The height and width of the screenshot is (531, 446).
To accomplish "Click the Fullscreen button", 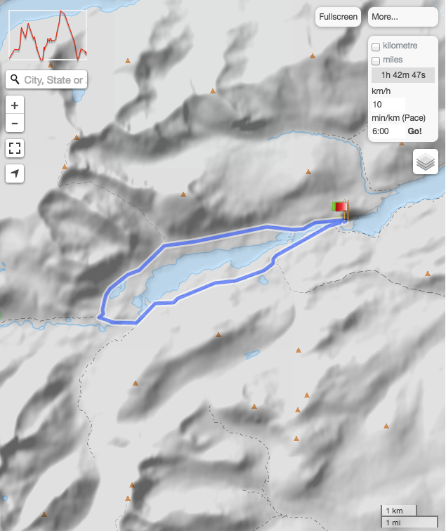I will tap(338, 17).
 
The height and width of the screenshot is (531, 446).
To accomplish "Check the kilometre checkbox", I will tap(376, 46).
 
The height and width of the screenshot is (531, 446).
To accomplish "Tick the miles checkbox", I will tap(376, 61).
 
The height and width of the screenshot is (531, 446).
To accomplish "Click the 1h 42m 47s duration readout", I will tap(403, 75).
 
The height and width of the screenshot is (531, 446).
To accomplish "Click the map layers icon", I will tap(426, 162).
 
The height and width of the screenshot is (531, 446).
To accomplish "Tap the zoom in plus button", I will tap(15, 105).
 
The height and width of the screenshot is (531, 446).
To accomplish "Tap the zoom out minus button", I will tap(15, 124).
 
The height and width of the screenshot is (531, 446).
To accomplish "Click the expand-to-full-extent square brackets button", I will tap(15, 148).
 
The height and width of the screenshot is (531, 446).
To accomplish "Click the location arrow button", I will tap(15, 173).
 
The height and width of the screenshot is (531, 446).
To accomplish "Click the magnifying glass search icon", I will tap(15, 80).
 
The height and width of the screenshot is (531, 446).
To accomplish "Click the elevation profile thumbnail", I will tap(48, 35).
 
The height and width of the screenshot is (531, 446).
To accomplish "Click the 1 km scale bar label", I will tap(395, 511).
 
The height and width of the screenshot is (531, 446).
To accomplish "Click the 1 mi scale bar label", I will tap(393, 522).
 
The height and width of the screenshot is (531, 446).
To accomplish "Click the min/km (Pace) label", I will tap(399, 118).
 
